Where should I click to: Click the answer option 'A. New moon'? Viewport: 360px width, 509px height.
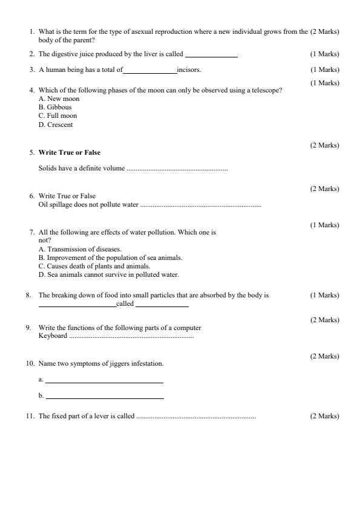coord(59,99)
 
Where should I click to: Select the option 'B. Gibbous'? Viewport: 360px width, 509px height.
coord(55,107)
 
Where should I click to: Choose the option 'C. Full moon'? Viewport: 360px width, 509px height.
coord(57,115)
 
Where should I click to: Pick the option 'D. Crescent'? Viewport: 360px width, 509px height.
coord(56,125)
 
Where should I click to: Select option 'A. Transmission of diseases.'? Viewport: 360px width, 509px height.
coord(80,249)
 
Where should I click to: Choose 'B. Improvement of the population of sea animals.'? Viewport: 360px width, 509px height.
coord(110,258)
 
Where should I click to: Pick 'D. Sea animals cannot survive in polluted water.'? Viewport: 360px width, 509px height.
coord(108,274)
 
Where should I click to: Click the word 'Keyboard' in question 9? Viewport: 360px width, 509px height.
coord(53,336)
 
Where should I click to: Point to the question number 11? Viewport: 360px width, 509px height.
coord(30,417)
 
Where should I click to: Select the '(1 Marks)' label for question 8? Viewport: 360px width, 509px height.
coord(325,295)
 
